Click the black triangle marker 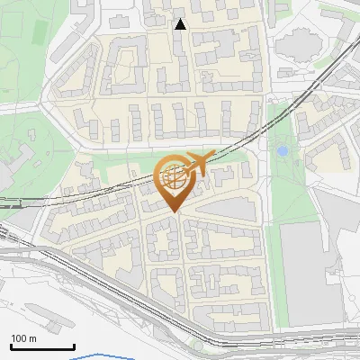[181, 24]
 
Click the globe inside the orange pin [174, 179]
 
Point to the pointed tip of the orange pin [175, 211]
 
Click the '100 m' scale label [23, 338]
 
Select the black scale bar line [42, 347]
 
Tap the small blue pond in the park [283, 151]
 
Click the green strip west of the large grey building [281, 270]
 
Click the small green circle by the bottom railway [197, 346]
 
